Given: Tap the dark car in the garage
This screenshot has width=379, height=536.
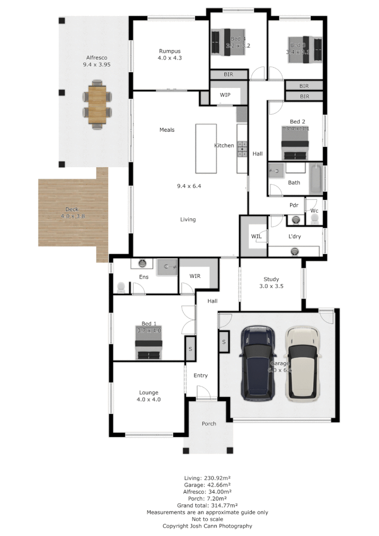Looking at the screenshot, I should pos(258,363).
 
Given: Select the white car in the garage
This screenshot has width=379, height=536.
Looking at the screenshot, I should pos(302,363).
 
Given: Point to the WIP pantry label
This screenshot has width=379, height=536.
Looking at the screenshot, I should pos(225,95).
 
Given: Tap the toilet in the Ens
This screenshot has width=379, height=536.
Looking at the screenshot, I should pos(121,287).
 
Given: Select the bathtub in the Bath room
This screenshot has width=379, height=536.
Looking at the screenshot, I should pos(315,178).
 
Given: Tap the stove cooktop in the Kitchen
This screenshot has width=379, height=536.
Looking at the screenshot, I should pos(242,148).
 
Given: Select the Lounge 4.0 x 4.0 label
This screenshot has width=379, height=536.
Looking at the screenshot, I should pos(149,396).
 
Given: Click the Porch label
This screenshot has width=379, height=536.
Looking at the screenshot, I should pos(209,423).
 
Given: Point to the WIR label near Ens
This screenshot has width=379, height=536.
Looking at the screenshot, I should pos(196,276).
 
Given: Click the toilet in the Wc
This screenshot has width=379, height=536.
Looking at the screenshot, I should pos(314,218).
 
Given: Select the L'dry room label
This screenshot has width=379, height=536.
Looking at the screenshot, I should pos(295,236).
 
